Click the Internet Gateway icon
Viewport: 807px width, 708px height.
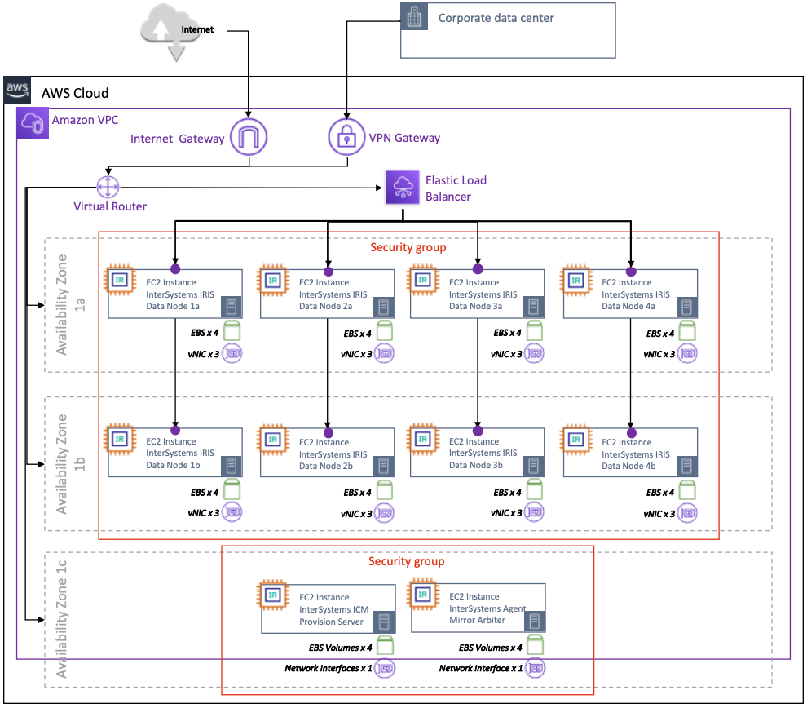(x=249, y=137)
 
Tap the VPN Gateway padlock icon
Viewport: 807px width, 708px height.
(x=347, y=137)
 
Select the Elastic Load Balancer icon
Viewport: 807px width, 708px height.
(x=402, y=188)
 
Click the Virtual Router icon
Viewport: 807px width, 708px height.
(x=108, y=188)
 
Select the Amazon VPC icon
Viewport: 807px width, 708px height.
(x=33, y=122)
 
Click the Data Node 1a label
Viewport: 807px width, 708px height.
(x=174, y=306)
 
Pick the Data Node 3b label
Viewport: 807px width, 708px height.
(x=476, y=466)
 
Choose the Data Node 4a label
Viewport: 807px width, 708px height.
(x=628, y=306)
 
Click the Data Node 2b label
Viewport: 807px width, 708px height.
(x=326, y=466)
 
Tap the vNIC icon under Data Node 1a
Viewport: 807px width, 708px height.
(x=232, y=354)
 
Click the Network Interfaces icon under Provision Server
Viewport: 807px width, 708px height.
(x=386, y=669)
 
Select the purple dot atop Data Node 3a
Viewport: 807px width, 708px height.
(x=478, y=270)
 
